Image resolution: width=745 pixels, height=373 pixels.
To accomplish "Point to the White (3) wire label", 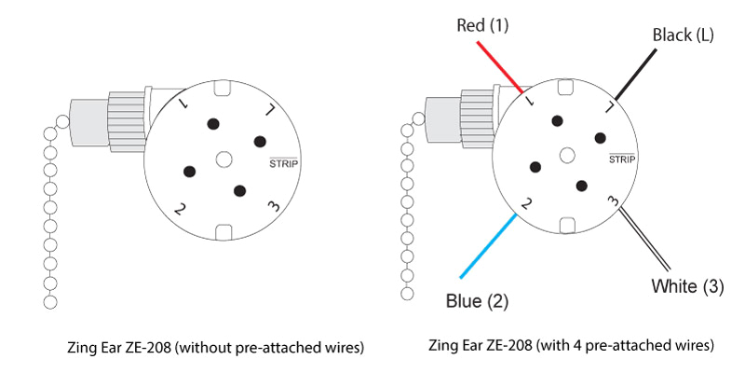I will pyautogui.click(x=686, y=286).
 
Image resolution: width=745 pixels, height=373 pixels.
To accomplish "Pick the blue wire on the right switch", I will pyautogui.click(x=487, y=246).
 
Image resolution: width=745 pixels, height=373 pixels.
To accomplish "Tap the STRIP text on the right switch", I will pyautogui.click(x=621, y=159).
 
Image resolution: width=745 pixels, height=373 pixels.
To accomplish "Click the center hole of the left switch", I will pyautogui.click(x=223, y=159).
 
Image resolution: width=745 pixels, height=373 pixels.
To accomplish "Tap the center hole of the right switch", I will pyautogui.click(x=568, y=156).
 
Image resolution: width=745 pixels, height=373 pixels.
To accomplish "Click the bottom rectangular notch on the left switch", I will pyautogui.click(x=223, y=232).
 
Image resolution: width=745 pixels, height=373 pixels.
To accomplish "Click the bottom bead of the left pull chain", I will pyautogui.click(x=50, y=302).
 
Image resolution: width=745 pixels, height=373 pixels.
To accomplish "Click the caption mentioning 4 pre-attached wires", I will pyautogui.click(x=571, y=346).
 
